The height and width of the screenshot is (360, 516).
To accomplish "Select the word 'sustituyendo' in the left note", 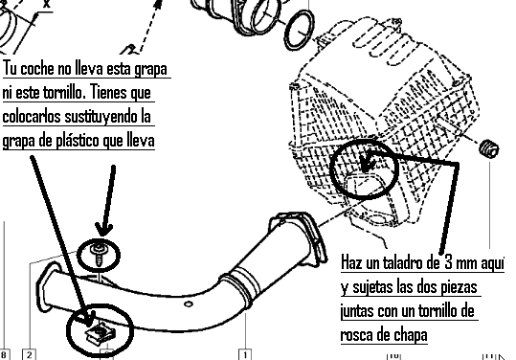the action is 96,117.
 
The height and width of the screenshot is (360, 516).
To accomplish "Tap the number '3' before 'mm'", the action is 448,262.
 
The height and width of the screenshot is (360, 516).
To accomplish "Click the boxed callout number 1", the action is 245,355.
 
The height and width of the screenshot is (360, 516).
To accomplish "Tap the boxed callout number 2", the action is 30,355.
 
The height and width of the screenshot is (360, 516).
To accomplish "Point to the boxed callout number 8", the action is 4,355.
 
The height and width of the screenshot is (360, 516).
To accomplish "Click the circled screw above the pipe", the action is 98,255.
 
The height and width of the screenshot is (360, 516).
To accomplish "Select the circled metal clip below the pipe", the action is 101,333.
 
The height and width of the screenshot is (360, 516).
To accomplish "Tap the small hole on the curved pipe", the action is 189,304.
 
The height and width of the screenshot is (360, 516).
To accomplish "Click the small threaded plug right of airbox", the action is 489,148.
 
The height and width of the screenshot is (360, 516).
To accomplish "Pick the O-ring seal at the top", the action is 299,30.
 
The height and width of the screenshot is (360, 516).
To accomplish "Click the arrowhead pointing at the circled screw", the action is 104,230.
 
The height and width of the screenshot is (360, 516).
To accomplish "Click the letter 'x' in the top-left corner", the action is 46,4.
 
